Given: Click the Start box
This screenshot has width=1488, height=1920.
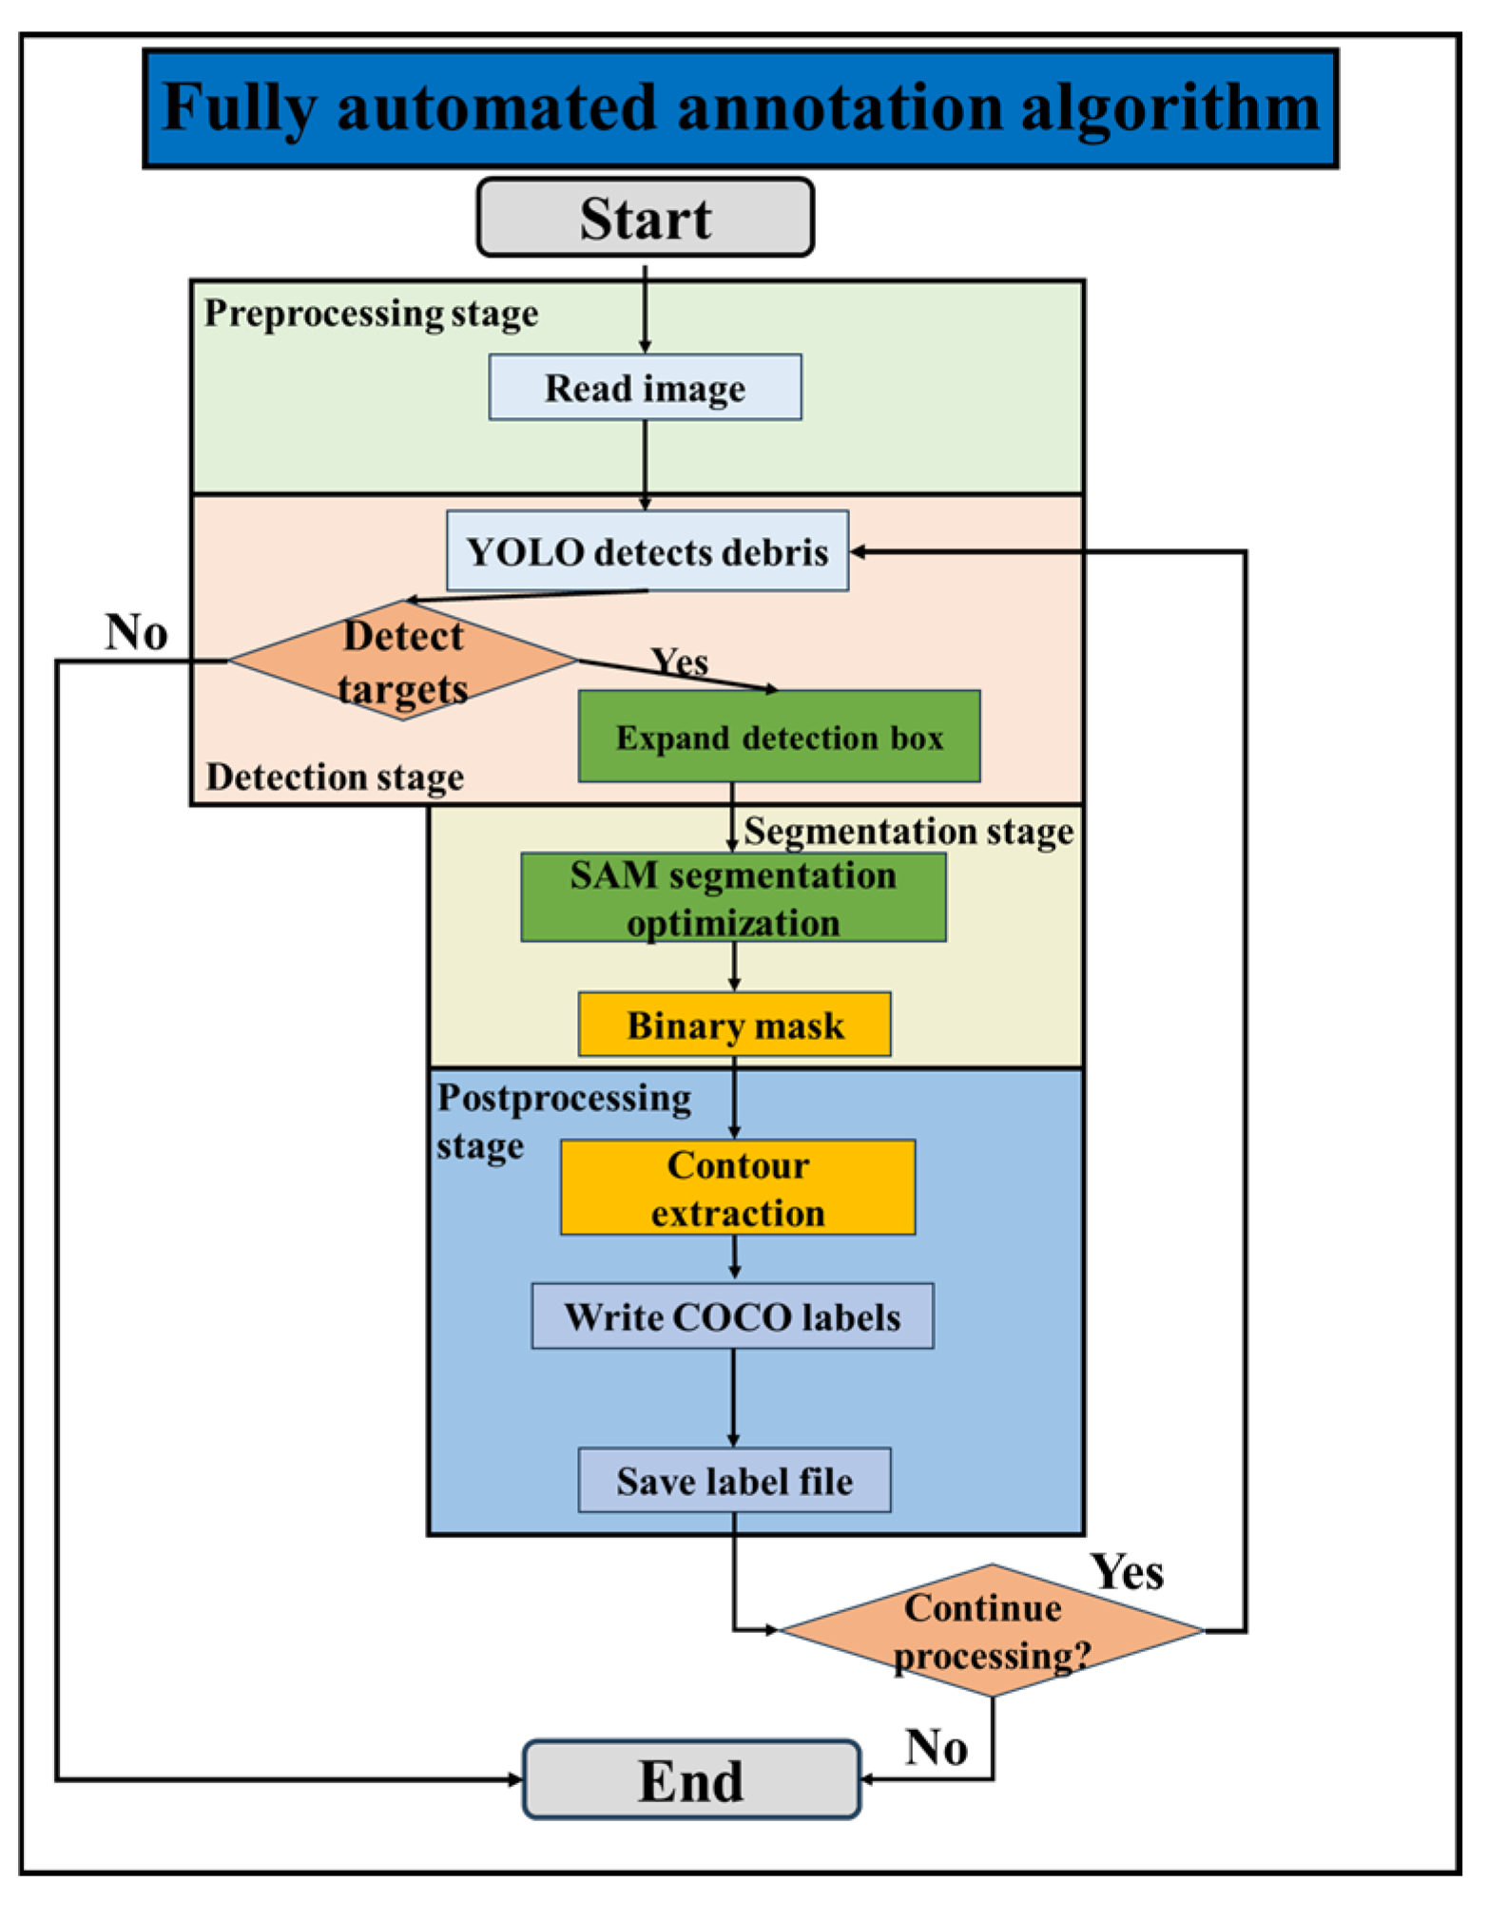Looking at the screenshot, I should (x=645, y=218).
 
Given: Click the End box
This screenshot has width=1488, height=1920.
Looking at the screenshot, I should (x=691, y=1780).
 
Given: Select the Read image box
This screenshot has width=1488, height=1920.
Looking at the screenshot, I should (x=645, y=388).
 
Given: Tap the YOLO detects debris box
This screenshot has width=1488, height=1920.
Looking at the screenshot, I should (x=647, y=552).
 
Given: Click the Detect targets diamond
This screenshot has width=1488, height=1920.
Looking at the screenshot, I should (x=402, y=661).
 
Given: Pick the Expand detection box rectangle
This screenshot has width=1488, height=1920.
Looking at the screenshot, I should (x=779, y=738).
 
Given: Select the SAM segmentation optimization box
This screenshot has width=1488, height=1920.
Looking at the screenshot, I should (x=733, y=898).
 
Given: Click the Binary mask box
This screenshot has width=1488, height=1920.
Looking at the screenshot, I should (x=734, y=1025).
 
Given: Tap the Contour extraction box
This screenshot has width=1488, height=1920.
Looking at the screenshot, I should (x=737, y=1188).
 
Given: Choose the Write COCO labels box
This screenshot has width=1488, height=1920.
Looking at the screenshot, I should (x=732, y=1317).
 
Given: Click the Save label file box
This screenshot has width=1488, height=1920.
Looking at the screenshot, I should (x=734, y=1481).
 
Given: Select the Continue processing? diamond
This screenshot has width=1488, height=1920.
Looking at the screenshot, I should (x=991, y=1631).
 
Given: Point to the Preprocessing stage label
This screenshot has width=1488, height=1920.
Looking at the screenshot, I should (x=371, y=313).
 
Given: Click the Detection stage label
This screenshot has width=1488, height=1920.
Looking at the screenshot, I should (x=335, y=777).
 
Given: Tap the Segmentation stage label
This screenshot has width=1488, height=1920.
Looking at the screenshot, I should (x=908, y=831).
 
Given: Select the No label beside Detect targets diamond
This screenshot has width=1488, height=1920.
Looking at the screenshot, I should (x=136, y=632).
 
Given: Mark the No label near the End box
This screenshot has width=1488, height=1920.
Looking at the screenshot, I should (x=937, y=1747).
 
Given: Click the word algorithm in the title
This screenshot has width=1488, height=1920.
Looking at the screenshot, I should (x=1169, y=106).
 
